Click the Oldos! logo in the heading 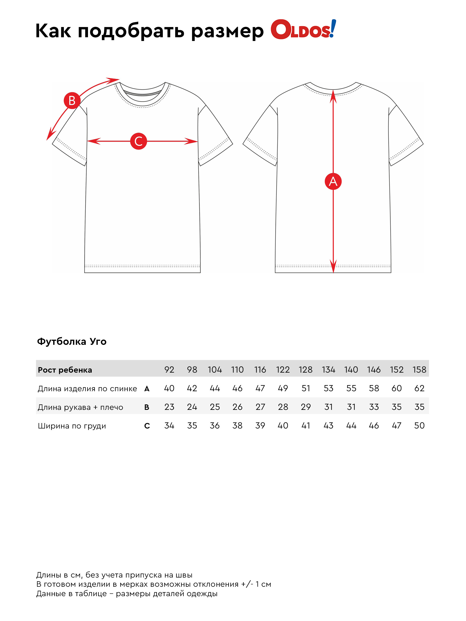pyautogui.click(x=303, y=30)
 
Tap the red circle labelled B pyautogui.click(x=72, y=101)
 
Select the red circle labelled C pyautogui.click(x=138, y=141)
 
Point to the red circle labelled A pyautogui.click(x=333, y=181)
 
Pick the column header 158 pyautogui.click(x=419, y=369)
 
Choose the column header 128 pyautogui.click(x=305, y=369)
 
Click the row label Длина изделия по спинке pyautogui.click(x=87, y=388)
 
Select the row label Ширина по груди pyautogui.click(x=72, y=426)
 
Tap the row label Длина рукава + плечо pyautogui.click(x=80, y=407)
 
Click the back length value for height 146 pyautogui.click(x=374, y=388)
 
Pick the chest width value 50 pyautogui.click(x=419, y=426)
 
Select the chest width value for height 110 pyautogui.click(x=237, y=426)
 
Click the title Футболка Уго pyautogui.click(x=72, y=341)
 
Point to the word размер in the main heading pyautogui.click(x=227, y=31)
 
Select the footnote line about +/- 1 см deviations pyautogui.click(x=154, y=584)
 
